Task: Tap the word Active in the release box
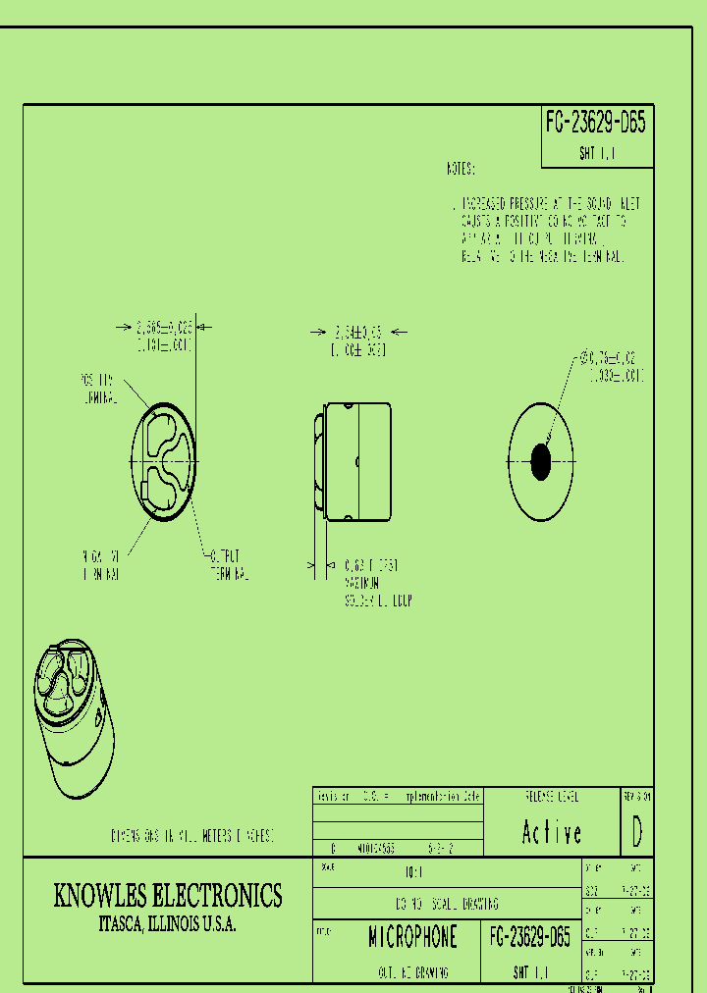click(552, 833)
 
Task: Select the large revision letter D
click(637, 832)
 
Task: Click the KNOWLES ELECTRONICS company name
click(168, 896)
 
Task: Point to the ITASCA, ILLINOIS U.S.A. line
click(168, 924)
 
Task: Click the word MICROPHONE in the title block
click(412, 937)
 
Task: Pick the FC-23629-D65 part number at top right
click(596, 123)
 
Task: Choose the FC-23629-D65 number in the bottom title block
click(529, 937)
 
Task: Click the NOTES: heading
click(461, 169)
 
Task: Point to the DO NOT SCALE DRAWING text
click(454, 903)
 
